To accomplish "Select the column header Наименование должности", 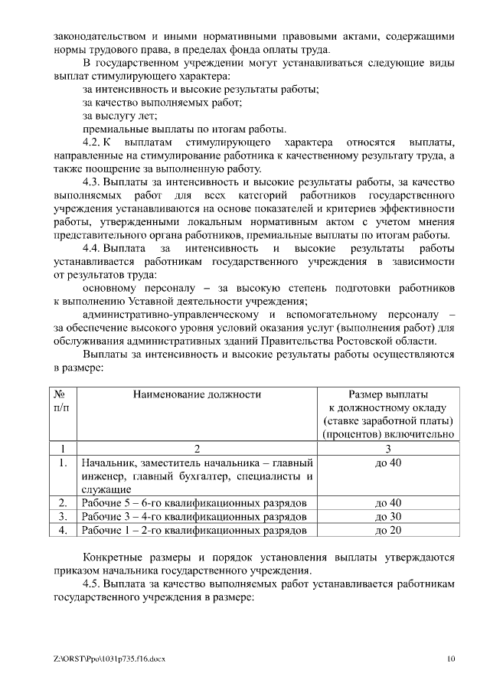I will click(197, 394).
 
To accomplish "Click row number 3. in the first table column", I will click(63, 517).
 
